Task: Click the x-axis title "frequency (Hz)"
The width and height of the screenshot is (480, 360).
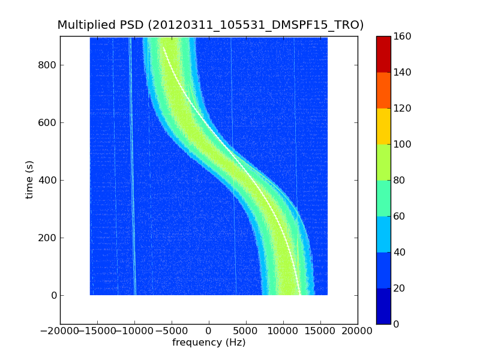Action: [209, 343]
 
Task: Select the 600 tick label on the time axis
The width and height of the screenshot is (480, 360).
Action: [48, 122]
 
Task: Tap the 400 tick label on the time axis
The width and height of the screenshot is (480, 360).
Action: [48, 180]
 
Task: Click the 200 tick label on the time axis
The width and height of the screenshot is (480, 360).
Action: [48, 238]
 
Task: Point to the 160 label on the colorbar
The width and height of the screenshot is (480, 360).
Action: [403, 36]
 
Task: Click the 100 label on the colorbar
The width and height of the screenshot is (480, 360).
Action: [403, 144]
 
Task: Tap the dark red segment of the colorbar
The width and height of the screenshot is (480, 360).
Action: [383, 54]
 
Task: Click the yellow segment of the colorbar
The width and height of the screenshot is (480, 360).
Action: [383, 126]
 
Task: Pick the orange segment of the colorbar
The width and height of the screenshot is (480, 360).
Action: [383, 90]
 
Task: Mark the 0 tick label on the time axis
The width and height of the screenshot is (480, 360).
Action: [53, 295]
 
